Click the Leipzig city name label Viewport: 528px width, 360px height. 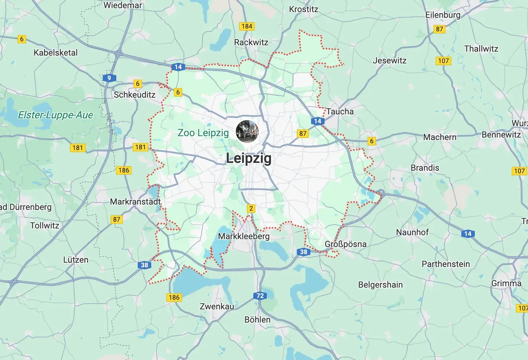[x=249, y=158]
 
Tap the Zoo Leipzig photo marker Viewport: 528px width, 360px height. [x=247, y=131]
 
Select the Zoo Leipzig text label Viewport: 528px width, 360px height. [x=203, y=133]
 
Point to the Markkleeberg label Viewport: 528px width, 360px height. [x=244, y=236]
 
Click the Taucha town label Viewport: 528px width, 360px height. [x=340, y=112]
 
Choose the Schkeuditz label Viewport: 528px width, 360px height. [x=134, y=95]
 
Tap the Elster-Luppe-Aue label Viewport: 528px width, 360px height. [x=55, y=115]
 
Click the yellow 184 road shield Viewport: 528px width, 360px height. [x=247, y=26]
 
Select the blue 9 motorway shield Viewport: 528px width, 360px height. [x=109, y=78]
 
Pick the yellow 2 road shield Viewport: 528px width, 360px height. [x=251, y=209]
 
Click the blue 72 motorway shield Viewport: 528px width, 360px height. [x=260, y=296]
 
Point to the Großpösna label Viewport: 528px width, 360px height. [x=345, y=244]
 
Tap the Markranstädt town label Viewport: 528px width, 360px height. [x=135, y=202]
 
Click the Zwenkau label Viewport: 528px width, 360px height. [x=217, y=307]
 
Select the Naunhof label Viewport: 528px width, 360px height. [x=412, y=232]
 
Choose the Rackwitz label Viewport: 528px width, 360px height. [x=251, y=42]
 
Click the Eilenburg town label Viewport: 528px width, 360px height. [x=443, y=15]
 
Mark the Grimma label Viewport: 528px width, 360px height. [x=506, y=283]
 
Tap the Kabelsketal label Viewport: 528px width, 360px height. [x=55, y=53]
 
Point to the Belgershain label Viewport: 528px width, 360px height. [x=380, y=285]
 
